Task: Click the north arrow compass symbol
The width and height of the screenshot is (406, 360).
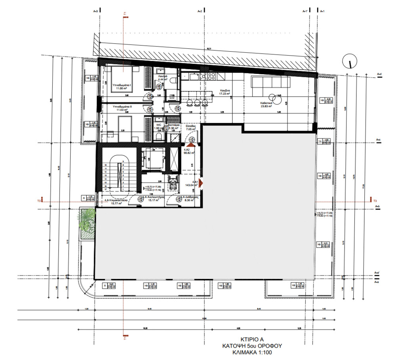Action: click(350, 62)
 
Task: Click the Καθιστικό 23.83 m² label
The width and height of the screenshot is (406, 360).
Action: click(266, 104)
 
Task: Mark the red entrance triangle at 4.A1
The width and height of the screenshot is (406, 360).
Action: click(201, 183)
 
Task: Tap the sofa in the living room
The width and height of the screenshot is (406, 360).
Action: click(272, 82)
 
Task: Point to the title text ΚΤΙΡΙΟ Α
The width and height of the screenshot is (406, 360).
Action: click(252, 339)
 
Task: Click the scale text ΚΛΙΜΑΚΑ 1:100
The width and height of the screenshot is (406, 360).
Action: click(252, 352)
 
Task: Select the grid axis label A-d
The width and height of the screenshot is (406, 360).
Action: click(379, 74)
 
